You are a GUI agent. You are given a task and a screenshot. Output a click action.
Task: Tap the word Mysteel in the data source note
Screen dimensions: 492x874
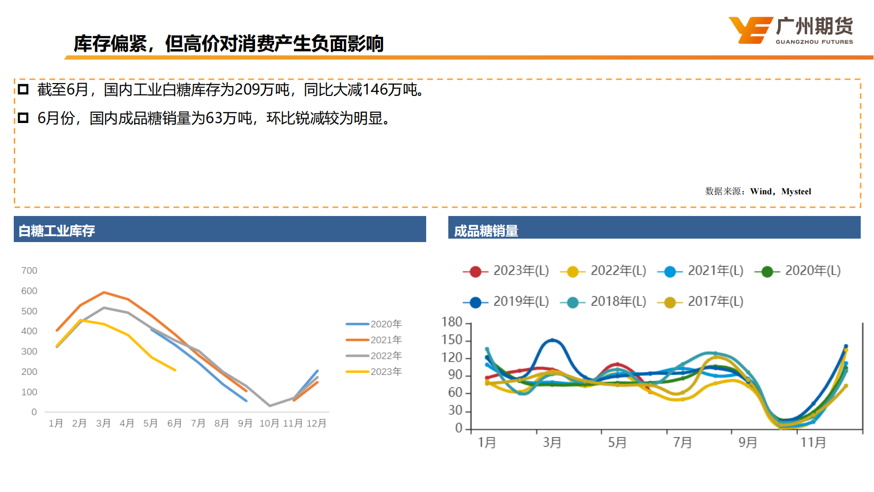point(796,191)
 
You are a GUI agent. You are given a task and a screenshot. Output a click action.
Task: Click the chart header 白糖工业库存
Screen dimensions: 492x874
point(57,231)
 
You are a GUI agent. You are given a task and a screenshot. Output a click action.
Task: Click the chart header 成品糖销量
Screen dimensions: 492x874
point(486,231)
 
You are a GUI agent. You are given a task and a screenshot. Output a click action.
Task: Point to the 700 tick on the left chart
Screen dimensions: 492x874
point(29,271)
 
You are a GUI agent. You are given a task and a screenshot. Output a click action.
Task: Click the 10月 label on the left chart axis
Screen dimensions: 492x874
point(269,423)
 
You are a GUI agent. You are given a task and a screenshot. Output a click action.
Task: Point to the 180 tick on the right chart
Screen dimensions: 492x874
point(452,322)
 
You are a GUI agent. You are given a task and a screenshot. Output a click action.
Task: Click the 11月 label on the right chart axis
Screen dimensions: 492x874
point(813,442)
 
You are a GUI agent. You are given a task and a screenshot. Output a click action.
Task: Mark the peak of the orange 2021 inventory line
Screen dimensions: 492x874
point(104,292)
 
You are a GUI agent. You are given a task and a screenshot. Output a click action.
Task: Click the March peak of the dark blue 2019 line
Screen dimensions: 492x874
point(552,340)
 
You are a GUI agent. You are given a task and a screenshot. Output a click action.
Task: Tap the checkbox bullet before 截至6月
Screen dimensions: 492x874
point(23,90)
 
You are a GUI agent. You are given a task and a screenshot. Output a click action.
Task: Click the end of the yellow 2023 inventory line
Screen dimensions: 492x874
point(175,370)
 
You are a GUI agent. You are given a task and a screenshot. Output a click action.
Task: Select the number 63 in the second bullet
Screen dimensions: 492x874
point(214,119)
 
